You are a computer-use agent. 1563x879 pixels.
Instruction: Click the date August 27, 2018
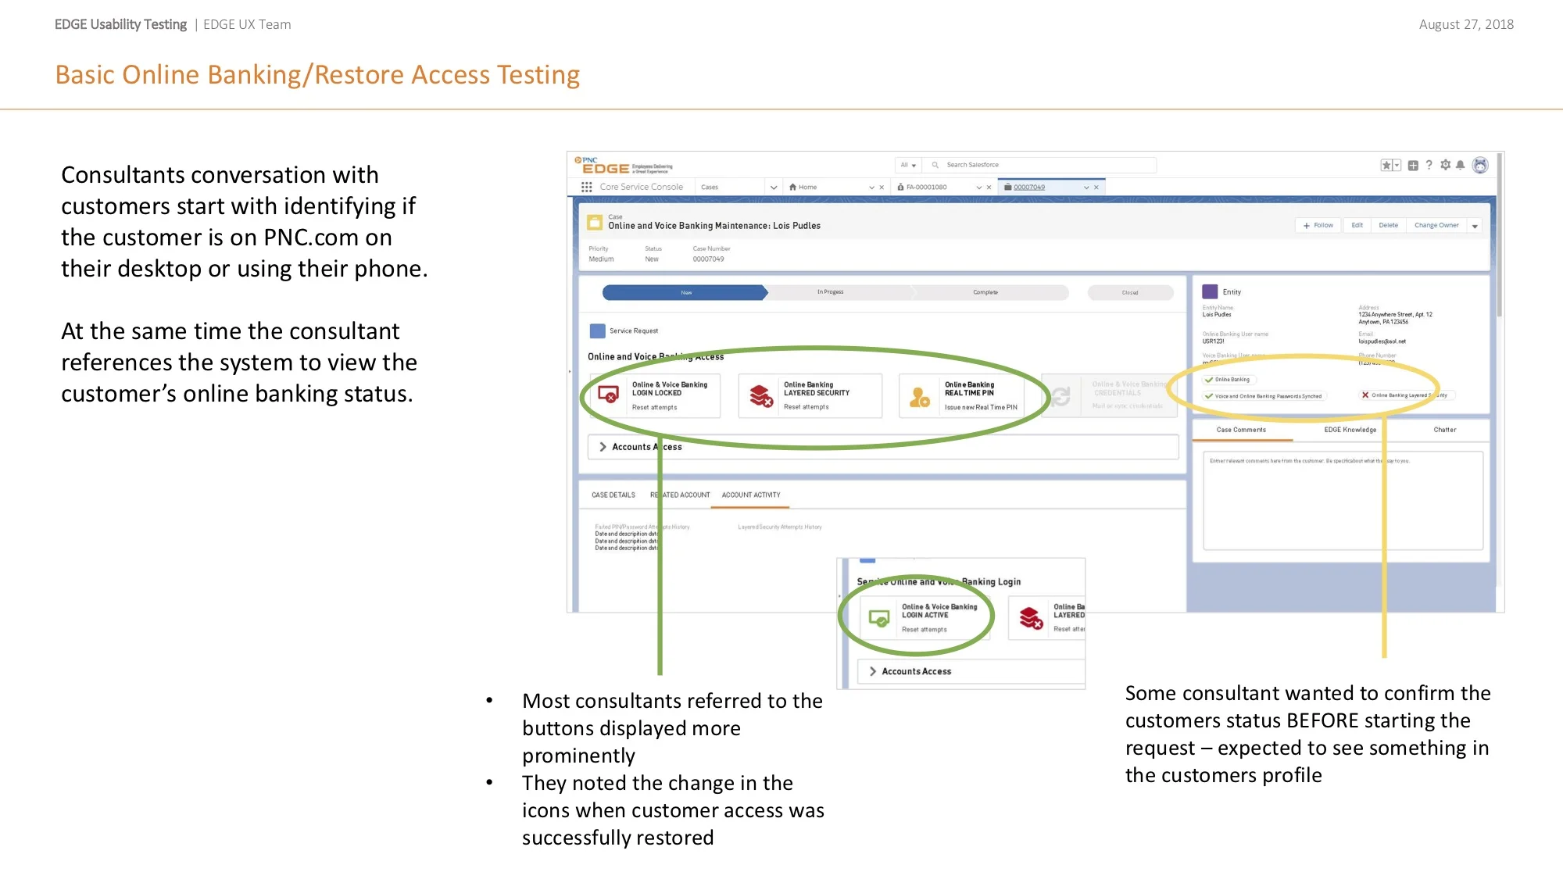coord(1466,24)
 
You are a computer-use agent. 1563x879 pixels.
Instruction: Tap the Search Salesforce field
coord(1039,165)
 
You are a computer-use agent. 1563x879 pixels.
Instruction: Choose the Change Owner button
coord(1436,226)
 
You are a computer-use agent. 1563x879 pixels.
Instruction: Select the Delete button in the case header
coord(1388,226)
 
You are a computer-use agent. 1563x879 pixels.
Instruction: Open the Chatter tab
coord(1444,430)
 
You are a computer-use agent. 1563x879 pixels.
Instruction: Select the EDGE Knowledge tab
coord(1350,430)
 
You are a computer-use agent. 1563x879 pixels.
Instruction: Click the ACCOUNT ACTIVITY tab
coord(750,495)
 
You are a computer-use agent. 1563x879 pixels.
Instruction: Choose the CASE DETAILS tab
coord(613,495)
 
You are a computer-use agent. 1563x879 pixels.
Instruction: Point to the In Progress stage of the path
coord(831,292)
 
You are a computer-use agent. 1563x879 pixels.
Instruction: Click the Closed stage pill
coord(1130,293)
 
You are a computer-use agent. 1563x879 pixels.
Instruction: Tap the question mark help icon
coord(1429,165)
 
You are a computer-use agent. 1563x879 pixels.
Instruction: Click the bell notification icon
coord(1460,165)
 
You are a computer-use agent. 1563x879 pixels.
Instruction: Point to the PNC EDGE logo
coord(603,166)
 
